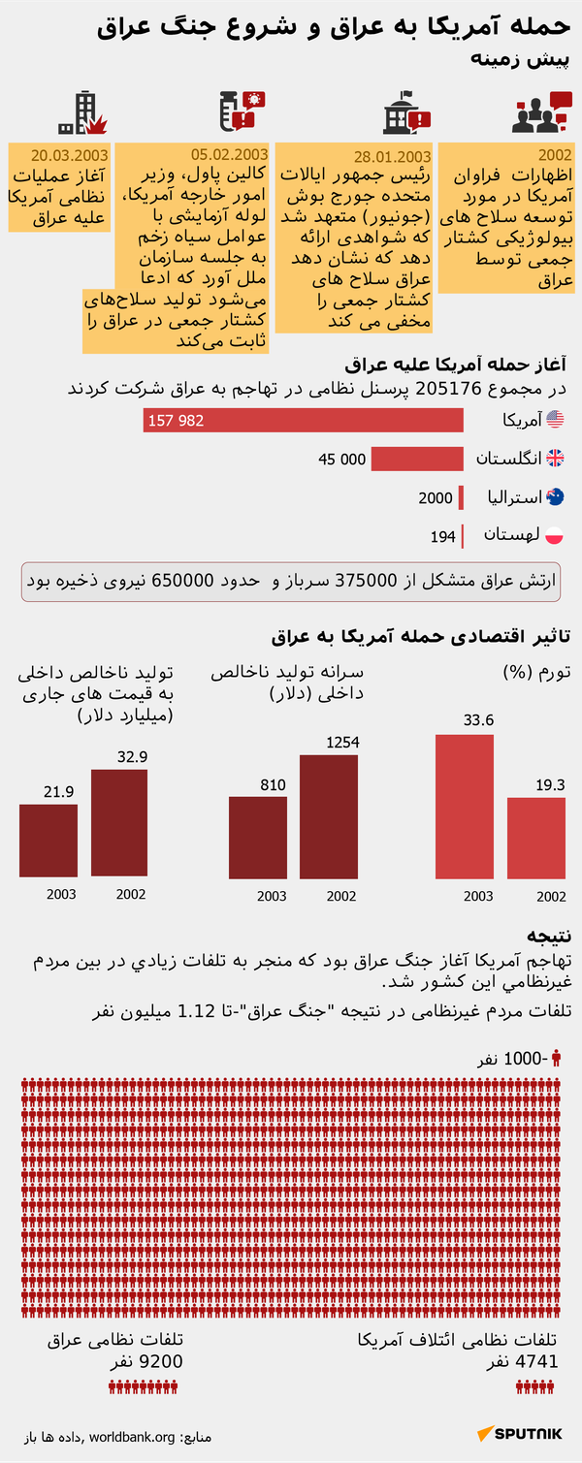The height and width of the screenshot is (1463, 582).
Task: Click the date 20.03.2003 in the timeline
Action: click(69, 155)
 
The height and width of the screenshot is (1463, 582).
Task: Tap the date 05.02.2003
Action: click(229, 154)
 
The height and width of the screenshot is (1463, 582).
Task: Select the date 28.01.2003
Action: click(392, 156)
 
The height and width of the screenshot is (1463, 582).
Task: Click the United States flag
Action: click(556, 420)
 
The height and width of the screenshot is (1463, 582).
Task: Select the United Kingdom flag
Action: click(556, 459)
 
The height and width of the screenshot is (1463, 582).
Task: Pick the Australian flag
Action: click(556, 497)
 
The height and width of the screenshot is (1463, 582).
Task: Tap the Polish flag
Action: click(556, 535)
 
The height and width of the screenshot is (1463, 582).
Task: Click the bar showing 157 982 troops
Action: click(304, 420)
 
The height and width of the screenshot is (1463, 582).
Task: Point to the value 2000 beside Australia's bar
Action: click(436, 497)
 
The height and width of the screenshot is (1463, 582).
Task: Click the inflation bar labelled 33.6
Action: click(465, 806)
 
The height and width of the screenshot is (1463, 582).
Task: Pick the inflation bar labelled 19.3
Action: click(536, 838)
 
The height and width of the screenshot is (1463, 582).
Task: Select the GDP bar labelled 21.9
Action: click(48, 841)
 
